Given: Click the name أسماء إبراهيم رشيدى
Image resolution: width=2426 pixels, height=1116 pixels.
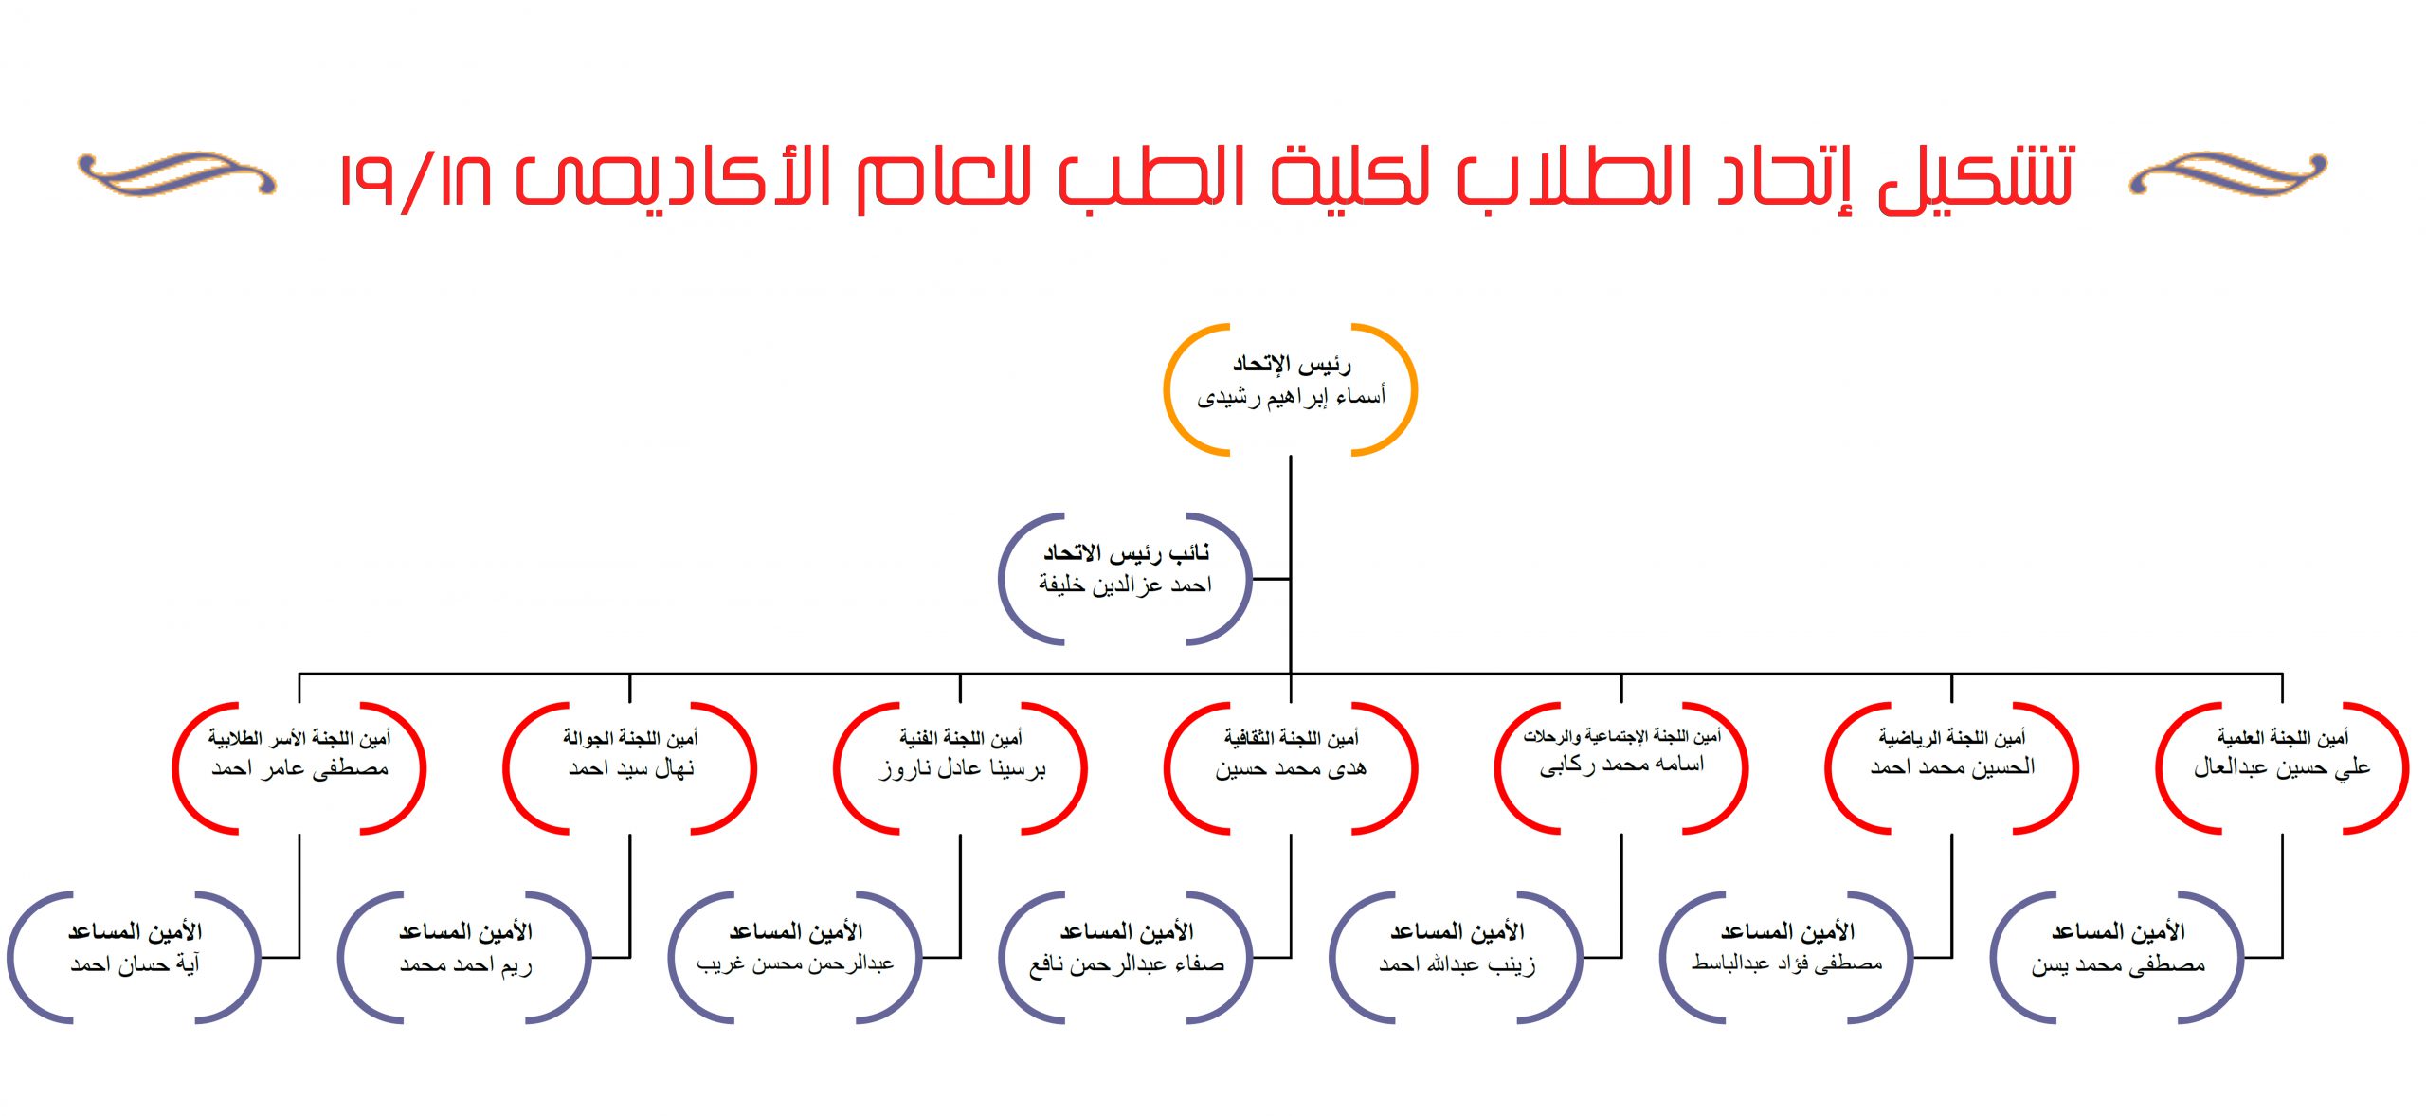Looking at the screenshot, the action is [x=1291, y=396].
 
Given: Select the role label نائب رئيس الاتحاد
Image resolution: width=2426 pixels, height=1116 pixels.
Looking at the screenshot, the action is [x=1126, y=552].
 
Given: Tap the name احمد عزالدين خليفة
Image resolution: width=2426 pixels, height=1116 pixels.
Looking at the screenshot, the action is [x=1125, y=585].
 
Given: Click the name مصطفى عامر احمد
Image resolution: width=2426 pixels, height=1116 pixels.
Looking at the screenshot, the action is [x=299, y=768].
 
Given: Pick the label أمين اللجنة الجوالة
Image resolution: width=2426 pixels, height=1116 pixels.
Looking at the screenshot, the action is [x=630, y=737].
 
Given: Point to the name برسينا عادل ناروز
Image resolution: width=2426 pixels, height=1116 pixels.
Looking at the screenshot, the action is [x=961, y=768].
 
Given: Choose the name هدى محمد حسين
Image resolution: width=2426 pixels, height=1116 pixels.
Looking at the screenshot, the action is [x=1291, y=768].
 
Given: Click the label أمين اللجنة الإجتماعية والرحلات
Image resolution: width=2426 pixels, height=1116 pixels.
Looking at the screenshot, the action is [x=1621, y=736].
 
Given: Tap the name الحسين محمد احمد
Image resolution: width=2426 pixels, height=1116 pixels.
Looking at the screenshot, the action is [x=1952, y=767].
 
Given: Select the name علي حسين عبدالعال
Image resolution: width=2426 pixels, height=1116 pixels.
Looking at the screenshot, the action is [x=2282, y=767].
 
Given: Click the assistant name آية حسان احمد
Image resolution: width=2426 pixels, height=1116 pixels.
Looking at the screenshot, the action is [x=135, y=964].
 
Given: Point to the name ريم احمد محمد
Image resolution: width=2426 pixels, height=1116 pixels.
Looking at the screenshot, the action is [x=465, y=965].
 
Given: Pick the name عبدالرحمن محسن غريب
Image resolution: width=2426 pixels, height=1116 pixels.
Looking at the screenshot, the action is [x=795, y=964].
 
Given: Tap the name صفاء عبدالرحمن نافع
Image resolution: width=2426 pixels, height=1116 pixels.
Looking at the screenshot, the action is [x=1126, y=964].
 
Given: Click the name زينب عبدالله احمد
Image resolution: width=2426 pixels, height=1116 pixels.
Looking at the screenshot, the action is [x=1457, y=964].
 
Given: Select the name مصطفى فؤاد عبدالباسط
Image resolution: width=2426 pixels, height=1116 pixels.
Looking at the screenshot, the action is [x=1786, y=963].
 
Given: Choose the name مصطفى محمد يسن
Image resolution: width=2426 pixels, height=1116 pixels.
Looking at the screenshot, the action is [x=2117, y=964].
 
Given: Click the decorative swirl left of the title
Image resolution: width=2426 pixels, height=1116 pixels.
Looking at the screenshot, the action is [x=177, y=174].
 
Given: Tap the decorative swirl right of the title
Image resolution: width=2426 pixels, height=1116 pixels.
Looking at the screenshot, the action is [x=2228, y=174].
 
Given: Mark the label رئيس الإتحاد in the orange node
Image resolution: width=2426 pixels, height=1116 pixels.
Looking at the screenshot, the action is [x=1291, y=364].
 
